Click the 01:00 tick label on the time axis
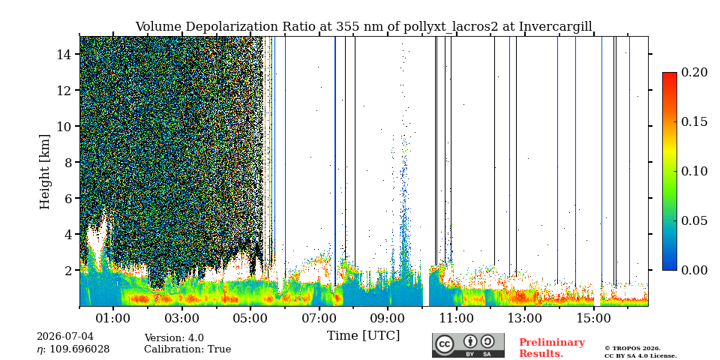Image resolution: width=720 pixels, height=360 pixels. pyautogui.click(x=113, y=318)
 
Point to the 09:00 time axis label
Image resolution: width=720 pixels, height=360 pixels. pyautogui.click(x=388, y=318)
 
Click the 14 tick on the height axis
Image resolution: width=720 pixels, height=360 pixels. pyautogui.click(x=66, y=54)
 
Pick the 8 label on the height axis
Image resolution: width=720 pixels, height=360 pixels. pyautogui.click(x=70, y=162)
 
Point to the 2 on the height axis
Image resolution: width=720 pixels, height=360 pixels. pyautogui.click(x=70, y=270)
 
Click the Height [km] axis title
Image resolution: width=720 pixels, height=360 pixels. pyautogui.click(x=44, y=172)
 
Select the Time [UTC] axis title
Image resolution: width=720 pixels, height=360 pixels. pyautogui.click(x=363, y=336)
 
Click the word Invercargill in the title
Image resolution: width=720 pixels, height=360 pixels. pyautogui.click(x=556, y=26)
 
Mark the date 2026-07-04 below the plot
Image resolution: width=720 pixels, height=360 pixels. pyautogui.click(x=65, y=337)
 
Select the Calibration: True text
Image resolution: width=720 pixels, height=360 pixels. pyautogui.click(x=187, y=349)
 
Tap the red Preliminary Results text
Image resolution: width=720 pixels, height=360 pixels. pyautogui.click(x=552, y=348)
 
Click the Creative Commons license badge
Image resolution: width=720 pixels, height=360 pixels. pyautogui.click(x=468, y=345)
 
